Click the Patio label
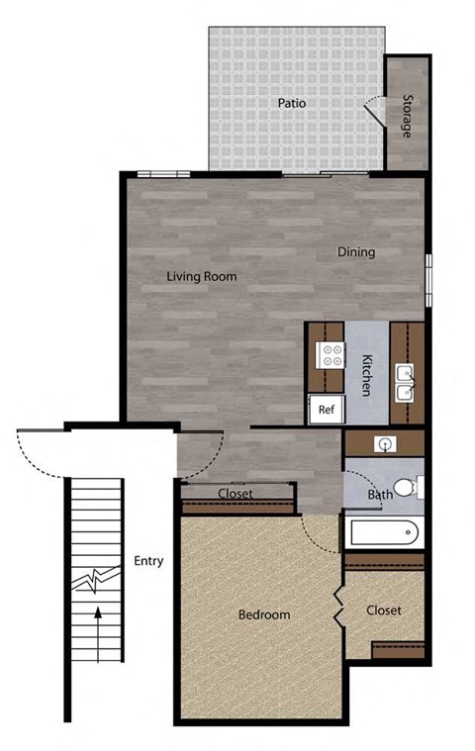(291, 102)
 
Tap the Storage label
(406, 115)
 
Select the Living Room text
(202, 276)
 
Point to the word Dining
(356, 251)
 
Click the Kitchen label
(366, 375)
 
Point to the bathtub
(384, 534)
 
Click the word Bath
(380, 494)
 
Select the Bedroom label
(264, 614)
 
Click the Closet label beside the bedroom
(384, 610)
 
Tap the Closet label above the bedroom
(236, 493)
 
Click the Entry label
(147, 561)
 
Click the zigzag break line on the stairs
(95, 579)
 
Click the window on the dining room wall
(428, 281)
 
